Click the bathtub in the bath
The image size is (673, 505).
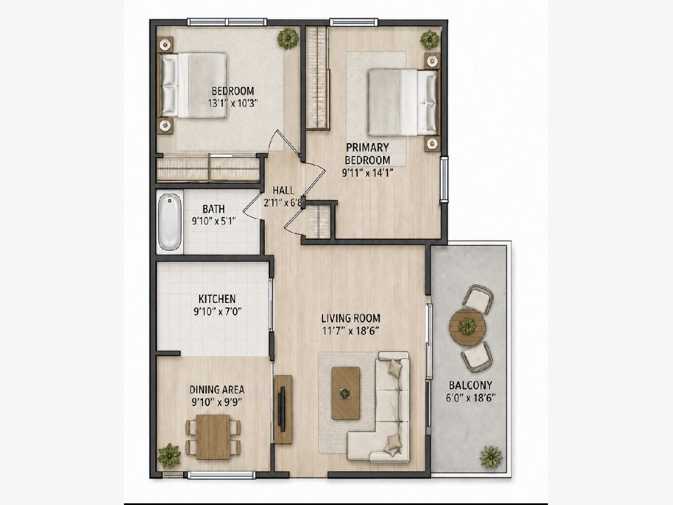click(169, 222)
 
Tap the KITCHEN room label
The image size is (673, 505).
click(217, 299)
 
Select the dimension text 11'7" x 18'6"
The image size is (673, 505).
click(351, 331)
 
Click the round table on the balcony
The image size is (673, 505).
click(467, 326)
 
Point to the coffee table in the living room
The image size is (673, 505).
click(346, 393)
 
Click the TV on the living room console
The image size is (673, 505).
click(282, 410)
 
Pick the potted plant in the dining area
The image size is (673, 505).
click(169, 455)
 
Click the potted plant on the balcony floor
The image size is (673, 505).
click(491, 457)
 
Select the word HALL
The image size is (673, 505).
click(284, 191)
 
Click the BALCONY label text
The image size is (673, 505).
click(471, 385)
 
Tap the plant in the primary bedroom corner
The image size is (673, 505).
click(430, 39)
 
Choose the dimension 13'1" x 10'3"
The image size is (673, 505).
click(232, 103)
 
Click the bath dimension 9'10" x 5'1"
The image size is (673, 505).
click(214, 221)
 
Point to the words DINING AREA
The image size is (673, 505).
click(217, 390)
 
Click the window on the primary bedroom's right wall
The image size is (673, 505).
click(444, 180)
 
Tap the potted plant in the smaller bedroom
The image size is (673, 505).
click(288, 39)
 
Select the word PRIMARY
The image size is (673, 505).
click(367, 148)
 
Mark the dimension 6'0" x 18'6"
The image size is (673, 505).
click(471, 398)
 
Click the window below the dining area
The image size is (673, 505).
click(222, 475)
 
